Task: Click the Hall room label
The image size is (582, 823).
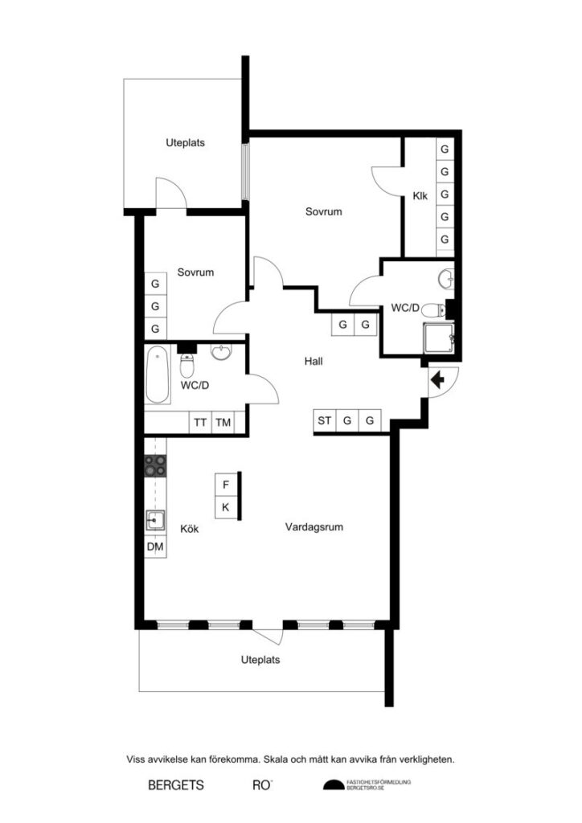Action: click(314, 362)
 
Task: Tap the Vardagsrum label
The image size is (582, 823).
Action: click(314, 528)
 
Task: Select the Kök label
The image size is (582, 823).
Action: click(189, 530)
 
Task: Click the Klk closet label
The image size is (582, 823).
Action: click(420, 195)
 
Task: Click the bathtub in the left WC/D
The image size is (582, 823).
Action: click(158, 375)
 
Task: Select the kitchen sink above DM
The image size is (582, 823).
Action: click(155, 522)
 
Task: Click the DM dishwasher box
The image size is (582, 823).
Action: click(155, 547)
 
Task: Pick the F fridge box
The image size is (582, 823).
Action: click(226, 485)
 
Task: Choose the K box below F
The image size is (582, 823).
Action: click(226, 507)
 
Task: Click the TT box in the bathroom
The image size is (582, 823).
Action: click(200, 423)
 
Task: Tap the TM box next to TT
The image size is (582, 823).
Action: click(223, 423)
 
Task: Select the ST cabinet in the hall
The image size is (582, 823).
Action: click(325, 420)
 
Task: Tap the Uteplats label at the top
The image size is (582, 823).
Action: click(185, 143)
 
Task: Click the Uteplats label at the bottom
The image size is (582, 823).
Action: click(260, 660)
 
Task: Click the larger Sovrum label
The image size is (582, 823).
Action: click(323, 212)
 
